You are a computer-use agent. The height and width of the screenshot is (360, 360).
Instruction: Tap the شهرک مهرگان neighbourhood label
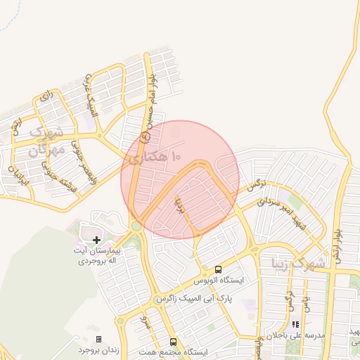44,140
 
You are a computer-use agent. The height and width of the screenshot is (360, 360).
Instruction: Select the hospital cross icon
97,240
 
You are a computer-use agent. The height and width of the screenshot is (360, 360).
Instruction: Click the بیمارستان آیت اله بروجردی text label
99,255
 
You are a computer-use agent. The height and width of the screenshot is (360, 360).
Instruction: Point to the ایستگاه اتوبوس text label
221,280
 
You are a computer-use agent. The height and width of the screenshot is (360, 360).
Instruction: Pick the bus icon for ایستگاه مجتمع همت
174,342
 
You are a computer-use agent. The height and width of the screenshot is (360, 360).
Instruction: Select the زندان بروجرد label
96,349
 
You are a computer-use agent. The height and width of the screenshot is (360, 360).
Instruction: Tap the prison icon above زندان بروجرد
98,339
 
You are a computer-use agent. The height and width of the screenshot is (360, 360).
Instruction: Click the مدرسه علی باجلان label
294,336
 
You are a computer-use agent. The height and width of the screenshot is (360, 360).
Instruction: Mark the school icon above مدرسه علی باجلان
296,325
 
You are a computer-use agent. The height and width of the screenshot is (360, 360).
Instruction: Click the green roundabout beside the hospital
135,227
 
